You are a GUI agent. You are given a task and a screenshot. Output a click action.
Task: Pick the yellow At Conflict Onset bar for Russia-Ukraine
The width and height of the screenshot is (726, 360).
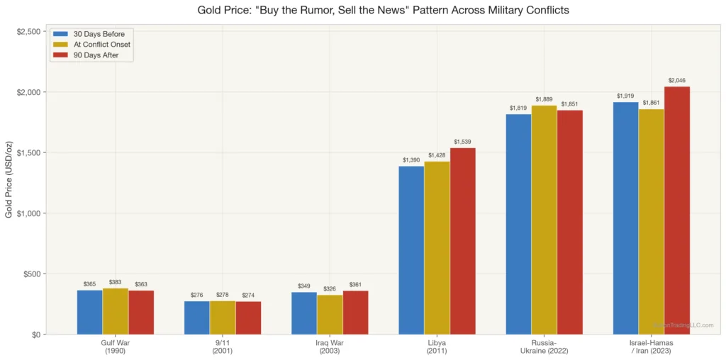544,220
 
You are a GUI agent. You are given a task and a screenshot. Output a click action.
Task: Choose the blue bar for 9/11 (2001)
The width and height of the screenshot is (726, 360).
196,317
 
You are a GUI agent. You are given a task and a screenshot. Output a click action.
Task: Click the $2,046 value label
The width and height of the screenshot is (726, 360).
677,80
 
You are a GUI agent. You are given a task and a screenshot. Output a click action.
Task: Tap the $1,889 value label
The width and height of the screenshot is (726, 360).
544,99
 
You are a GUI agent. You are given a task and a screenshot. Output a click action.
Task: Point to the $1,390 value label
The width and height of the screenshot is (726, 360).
411,160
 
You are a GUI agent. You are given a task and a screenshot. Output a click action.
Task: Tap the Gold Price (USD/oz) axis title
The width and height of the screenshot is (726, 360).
9,180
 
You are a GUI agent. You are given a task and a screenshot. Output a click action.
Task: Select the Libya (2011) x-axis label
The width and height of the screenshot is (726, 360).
437,347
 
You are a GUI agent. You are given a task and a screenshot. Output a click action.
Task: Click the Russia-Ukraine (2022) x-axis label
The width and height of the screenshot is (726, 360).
544,347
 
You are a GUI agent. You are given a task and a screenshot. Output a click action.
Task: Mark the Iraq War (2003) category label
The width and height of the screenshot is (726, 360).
330,347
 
